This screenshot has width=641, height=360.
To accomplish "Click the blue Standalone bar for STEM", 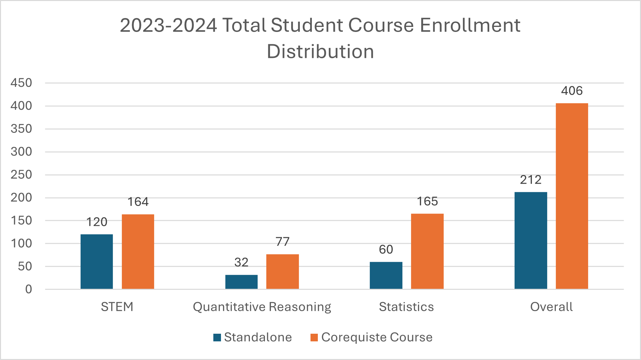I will pyautogui.click(x=97, y=262).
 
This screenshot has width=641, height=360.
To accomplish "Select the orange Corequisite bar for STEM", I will pyautogui.click(x=138, y=252).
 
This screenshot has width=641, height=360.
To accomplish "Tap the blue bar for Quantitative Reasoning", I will pyautogui.click(x=241, y=282).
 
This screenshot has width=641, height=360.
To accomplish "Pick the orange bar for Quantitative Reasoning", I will pyautogui.click(x=283, y=271).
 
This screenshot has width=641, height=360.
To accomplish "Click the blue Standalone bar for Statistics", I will pyautogui.click(x=386, y=275).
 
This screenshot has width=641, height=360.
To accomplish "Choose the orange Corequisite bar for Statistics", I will pyautogui.click(x=427, y=251).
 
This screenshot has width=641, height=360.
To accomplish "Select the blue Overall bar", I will pyautogui.click(x=531, y=240).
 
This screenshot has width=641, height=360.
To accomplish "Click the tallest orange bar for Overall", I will pyautogui.click(x=572, y=196).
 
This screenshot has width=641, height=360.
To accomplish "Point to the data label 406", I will pyautogui.click(x=572, y=91).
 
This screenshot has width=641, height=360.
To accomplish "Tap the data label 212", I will pyautogui.click(x=531, y=180).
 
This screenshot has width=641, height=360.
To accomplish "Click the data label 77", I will pyautogui.click(x=283, y=242).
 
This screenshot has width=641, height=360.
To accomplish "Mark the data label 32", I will pyautogui.click(x=241, y=263).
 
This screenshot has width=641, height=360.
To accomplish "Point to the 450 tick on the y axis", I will pyautogui.click(x=21, y=83).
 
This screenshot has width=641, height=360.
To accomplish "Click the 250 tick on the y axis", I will pyautogui.click(x=21, y=175).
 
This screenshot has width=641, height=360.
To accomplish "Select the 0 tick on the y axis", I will pyautogui.click(x=29, y=289).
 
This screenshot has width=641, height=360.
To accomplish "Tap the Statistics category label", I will pyautogui.click(x=406, y=307).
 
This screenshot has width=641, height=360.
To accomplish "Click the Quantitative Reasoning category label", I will pyautogui.click(x=262, y=307).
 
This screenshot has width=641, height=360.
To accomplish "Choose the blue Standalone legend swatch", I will pyautogui.click(x=217, y=338).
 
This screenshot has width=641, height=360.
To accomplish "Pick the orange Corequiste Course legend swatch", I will pyautogui.click(x=314, y=338).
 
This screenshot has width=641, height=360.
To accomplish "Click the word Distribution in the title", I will pyautogui.click(x=320, y=52).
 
